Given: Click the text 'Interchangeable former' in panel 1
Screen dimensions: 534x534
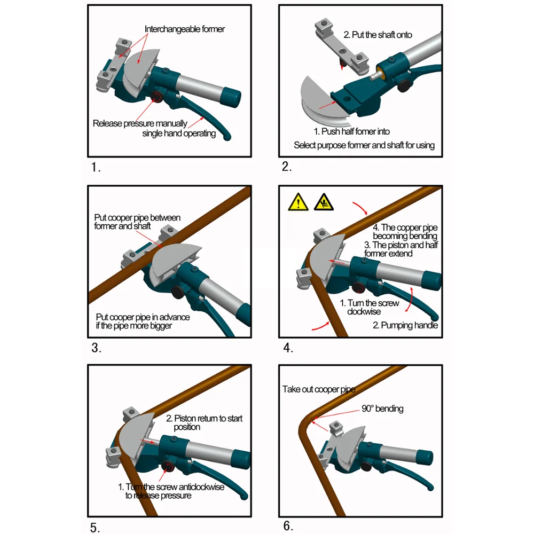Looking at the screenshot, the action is coord(185,29).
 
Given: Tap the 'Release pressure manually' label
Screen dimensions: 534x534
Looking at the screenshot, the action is coord(140,123).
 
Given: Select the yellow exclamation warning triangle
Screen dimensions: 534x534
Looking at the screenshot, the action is coord(299,202).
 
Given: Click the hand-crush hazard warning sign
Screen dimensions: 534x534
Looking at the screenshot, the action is coord(324,202).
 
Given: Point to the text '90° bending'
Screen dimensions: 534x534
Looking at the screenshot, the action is coord(382,409).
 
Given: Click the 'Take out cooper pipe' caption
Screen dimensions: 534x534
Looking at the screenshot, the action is coord(319,389).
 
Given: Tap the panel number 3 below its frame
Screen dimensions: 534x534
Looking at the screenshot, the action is coord(96,348).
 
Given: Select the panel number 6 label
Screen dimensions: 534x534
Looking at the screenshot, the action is coord(288,526).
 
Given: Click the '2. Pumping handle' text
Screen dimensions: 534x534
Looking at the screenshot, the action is coord(405,325).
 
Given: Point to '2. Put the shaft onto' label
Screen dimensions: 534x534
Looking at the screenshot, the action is coord(378,35).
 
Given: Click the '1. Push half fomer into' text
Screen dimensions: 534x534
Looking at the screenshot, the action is coord(351,131).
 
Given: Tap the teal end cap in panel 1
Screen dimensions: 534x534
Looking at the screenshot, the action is coord(231,97).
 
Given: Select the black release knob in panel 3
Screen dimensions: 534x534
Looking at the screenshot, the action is coord(178,292).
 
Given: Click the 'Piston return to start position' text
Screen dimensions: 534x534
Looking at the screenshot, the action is coord(204,422).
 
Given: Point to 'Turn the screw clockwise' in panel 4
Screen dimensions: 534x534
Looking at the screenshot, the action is coord(370,307).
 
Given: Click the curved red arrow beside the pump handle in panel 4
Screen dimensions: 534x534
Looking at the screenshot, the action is coord(410,300).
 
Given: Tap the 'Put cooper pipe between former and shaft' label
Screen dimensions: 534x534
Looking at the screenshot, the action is coord(137,222).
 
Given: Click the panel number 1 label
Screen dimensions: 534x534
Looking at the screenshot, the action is coord(96,167).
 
